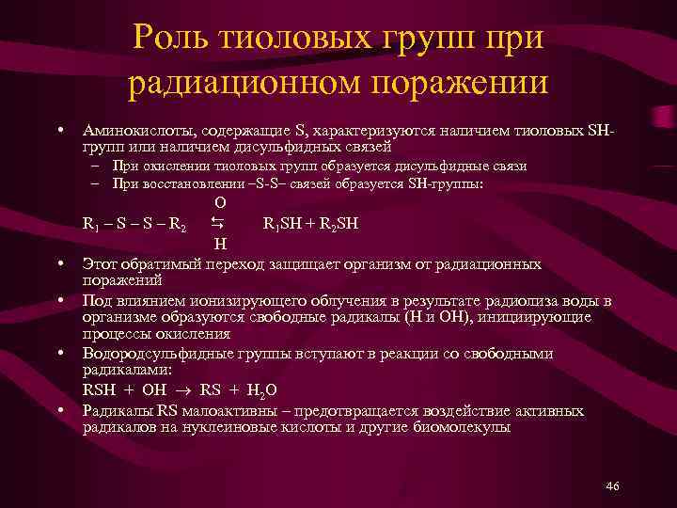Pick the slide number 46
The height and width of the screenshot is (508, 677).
click(613, 484)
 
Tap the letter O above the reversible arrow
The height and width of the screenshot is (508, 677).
click(219, 203)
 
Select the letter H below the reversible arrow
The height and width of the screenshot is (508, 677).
click(219, 245)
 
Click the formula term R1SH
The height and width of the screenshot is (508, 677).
click(284, 225)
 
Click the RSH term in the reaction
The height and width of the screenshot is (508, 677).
click(100, 390)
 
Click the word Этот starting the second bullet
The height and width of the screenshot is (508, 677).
click(101, 264)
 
